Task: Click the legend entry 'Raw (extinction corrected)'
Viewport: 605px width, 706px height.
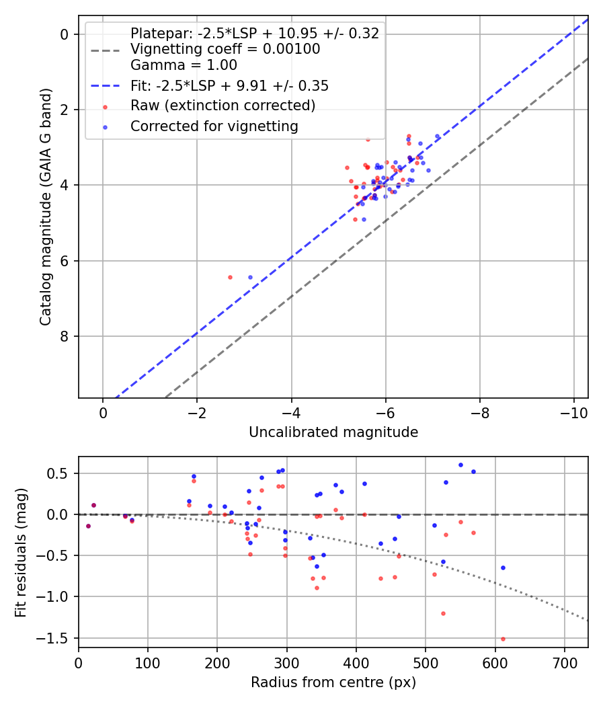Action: pyautogui.click(x=223, y=106)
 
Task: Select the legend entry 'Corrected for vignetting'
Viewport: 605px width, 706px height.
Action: pyautogui.click(x=214, y=126)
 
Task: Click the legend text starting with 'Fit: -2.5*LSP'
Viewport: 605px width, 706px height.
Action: pyautogui.click(x=229, y=86)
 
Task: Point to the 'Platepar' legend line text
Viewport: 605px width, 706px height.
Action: pyautogui.click(x=255, y=34)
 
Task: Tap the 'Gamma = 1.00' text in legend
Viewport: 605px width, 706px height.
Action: pyautogui.click(x=184, y=65)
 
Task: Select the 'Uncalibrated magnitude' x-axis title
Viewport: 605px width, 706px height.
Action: pyautogui.click(x=333, y=432)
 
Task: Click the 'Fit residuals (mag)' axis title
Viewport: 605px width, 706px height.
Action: pyautogui.click(x=22, y=552)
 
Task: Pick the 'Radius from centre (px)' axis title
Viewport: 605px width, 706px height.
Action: pyautogui.click(x=333, y=682)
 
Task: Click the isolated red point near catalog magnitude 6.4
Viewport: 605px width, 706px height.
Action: pyautogui.click(x=230, y=277)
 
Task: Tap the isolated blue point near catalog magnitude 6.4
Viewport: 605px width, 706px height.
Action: pyautogui.click(x=251, y=277)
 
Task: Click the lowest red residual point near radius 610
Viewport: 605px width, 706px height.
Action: pyautogui.click(x=503, y=639)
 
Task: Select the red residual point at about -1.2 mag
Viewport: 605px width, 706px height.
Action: pyautogui.click(x=443, y=613)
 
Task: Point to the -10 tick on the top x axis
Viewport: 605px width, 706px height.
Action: pyautogui.click(x=573, y=412)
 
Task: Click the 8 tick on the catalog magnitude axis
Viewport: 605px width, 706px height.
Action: pyautogui.click(x=66, y=336)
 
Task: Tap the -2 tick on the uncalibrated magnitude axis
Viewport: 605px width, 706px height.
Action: pyautogui.click(x=197, y=412)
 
